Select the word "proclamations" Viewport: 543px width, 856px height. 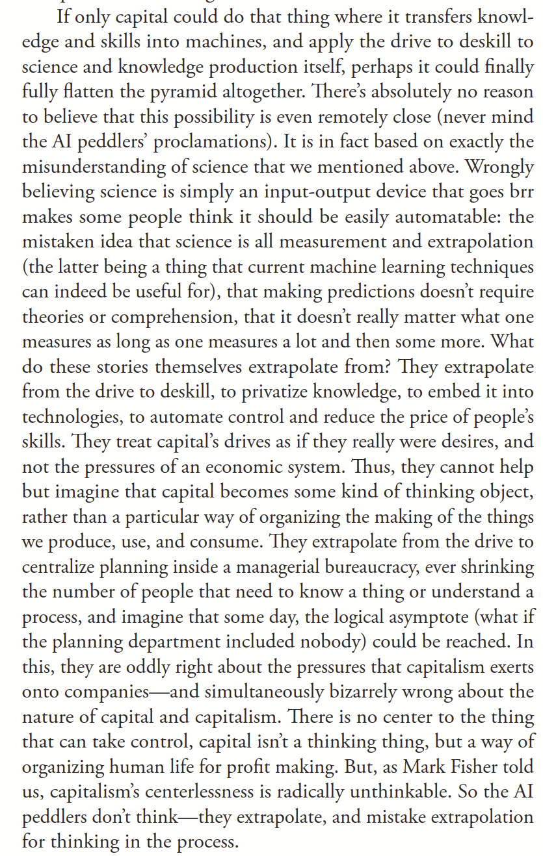(218, 142)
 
